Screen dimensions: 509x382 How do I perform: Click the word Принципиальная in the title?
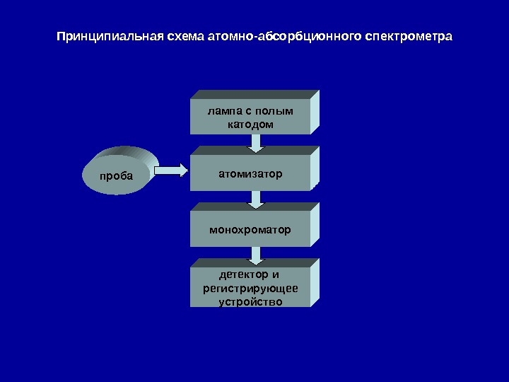pyautogui.click(x=108, y=35)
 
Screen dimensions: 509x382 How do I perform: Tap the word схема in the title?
pyautogui.click(x=182, y=35)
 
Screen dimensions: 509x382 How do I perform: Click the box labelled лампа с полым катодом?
pyautogui.click(x=250, y=116)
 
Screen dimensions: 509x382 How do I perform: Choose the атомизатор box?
pyautogui.click(x=250, y=173)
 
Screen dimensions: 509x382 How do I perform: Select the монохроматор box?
pyautogui.click(x=250, y=229)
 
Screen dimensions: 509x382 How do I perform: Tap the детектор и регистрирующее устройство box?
pyautogui.click(x=250, y=287)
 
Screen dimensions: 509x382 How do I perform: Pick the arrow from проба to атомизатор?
pyautogui.click(x=171, y=170)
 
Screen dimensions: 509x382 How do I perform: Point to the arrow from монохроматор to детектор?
pyautogui.click(x=257, y=255)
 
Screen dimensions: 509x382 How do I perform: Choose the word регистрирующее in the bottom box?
pyautogui.click(x=250, y=288)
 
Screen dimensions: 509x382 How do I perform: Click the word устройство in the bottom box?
pyautogui.click(x=250, y=301)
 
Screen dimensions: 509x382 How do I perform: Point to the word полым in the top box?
pyautogui.click(x=277, y=111)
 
